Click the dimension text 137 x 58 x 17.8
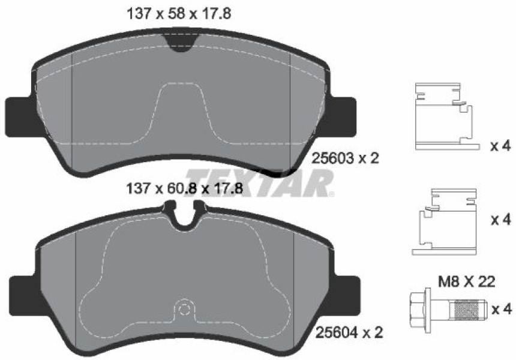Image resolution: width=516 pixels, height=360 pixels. (x=179, y=14)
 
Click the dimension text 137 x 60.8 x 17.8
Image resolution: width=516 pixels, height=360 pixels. (x=185, y=189)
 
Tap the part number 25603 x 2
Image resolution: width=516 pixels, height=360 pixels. (x=345, y=159)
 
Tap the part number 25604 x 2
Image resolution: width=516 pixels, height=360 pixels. (x=349, y=332)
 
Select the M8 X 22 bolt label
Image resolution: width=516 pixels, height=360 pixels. (x=467, y=281)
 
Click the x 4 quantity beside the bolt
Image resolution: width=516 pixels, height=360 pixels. (x=502, y=310)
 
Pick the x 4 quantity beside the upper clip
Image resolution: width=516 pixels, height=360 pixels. (x=500, y=146)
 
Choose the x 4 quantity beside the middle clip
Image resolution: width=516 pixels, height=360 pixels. (x=501, y=220)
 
